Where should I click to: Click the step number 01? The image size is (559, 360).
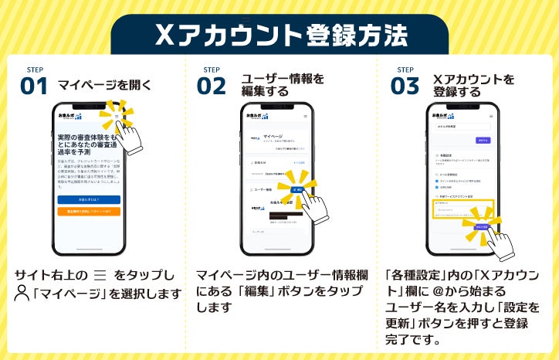click(34, 85)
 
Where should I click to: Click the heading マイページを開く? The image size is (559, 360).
click(104, 85)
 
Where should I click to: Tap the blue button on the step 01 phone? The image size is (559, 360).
click(89, 199)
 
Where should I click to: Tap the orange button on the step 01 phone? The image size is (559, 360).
click(89, 211)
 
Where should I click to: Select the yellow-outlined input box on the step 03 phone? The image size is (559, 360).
click(462, 210)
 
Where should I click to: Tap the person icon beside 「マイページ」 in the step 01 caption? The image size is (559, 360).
click(21, 294)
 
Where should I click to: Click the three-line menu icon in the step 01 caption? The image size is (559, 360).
click(99, 275)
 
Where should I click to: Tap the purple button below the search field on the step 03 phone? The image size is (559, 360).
click(483, 141)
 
